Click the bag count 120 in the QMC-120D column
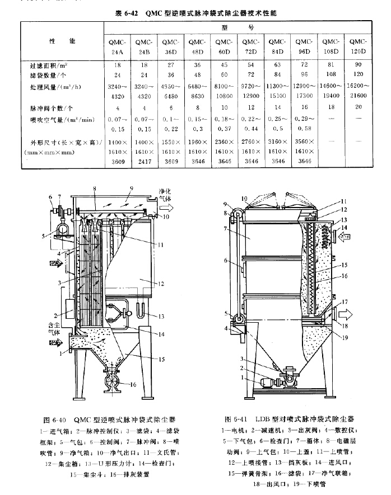tap(359, 74)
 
